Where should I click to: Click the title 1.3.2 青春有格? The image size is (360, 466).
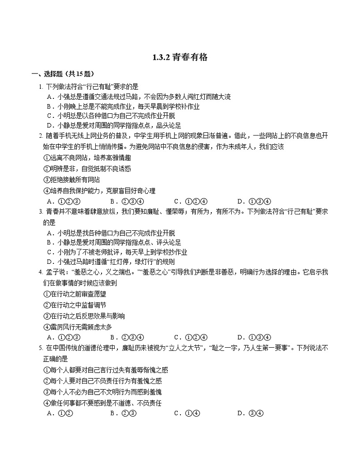click(180, 57)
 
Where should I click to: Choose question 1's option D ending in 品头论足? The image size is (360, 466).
click(114, 126)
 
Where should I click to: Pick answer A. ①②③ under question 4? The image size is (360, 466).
click(63, 337)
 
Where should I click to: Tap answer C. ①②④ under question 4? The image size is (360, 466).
click(190, 337)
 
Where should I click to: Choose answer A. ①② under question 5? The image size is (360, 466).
click(60, 413)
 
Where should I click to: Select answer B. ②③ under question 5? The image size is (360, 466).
click(123, 413)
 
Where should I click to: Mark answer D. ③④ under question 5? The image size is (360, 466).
click(250, 413)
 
